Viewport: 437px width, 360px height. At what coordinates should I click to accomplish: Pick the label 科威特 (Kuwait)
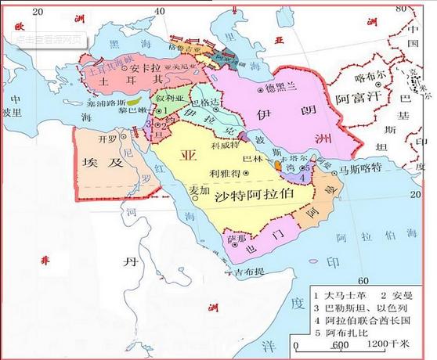[227, 146]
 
